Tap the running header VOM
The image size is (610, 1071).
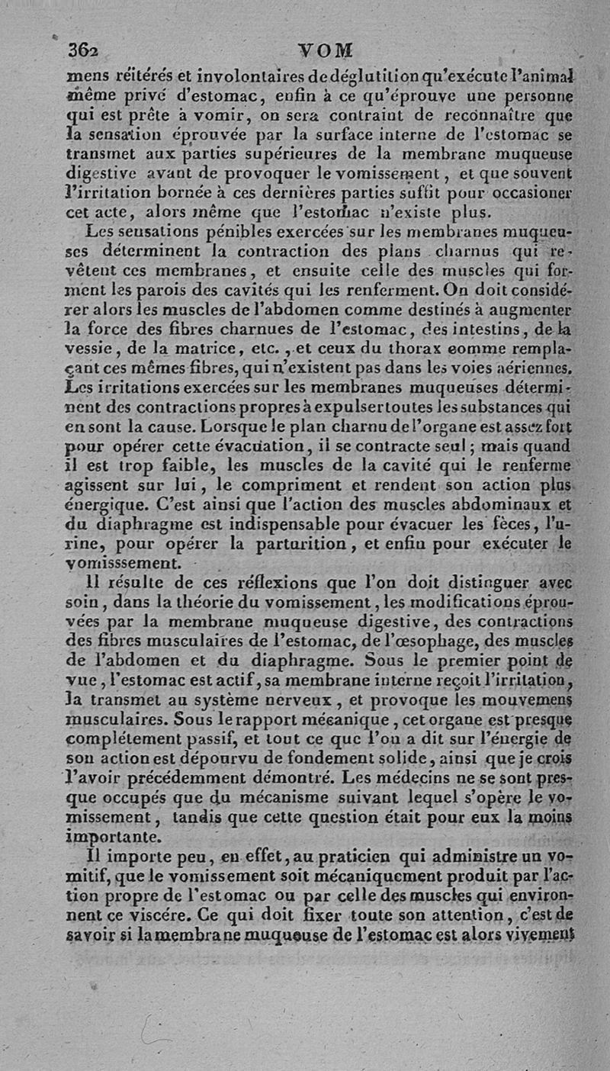tap(319, 50)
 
